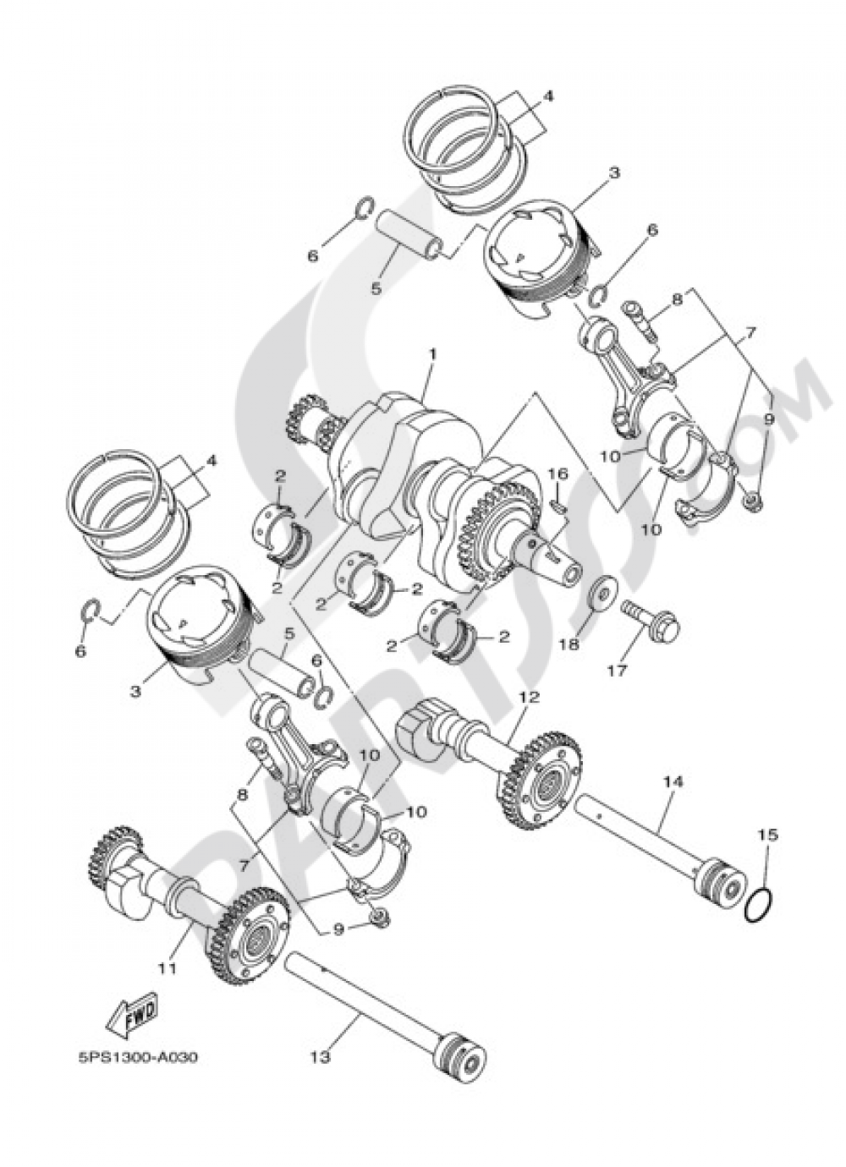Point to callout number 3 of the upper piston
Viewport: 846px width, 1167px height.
coord(613,172)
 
